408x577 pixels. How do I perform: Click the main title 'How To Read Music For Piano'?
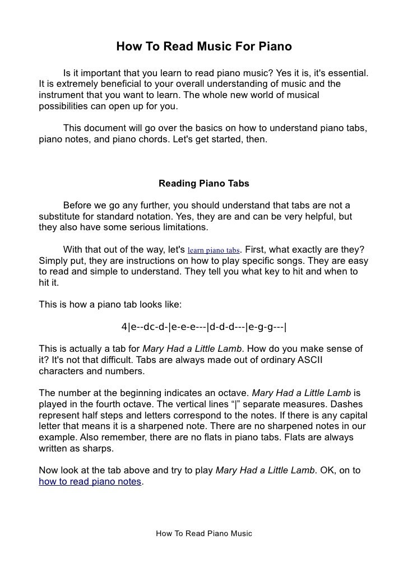tap(204, 46)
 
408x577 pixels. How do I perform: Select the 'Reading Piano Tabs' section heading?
tap(204, 183)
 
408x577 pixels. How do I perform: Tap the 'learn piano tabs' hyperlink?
tap(213, 250)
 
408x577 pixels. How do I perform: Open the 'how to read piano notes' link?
tap(90, 481)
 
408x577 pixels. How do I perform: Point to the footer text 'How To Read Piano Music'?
tap(204, 533)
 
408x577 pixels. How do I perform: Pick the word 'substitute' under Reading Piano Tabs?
tap(61, 216)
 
